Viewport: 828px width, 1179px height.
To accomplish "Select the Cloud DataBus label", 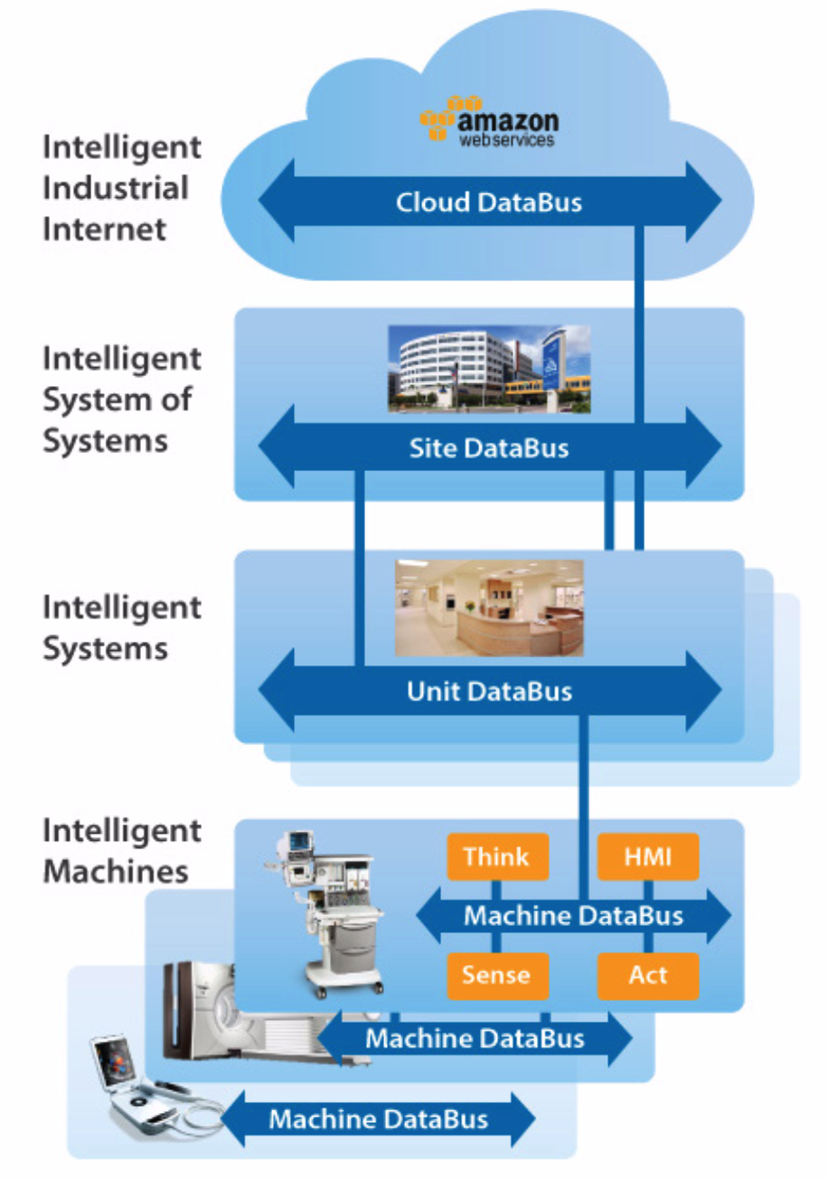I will coord(489,203).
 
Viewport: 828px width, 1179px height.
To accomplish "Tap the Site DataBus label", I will coord(489,447).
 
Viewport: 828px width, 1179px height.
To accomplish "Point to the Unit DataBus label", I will coord(489,692).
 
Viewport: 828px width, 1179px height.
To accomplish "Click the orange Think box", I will coord(497,856).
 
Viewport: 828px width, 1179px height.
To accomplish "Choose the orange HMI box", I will coord(648,856).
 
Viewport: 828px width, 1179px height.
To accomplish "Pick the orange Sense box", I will coord(497,975).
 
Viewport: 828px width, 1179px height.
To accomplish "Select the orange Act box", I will coord(648,975).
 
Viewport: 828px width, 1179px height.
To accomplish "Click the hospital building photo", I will coord(489,369).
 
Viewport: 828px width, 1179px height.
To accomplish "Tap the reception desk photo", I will coord(489,608).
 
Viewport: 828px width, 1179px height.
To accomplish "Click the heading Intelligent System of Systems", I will coord(121,400).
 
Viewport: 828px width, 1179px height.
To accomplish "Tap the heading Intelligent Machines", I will coord(121,850).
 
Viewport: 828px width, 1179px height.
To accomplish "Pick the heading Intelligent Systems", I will coord(121,627).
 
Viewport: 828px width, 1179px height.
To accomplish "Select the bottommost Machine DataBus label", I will coord(378,1119).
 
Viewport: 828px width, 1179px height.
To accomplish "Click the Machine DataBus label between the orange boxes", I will coord(573,916).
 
